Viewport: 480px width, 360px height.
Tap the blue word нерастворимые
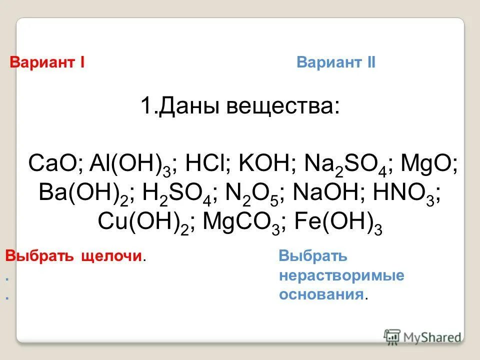coord(341,276)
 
